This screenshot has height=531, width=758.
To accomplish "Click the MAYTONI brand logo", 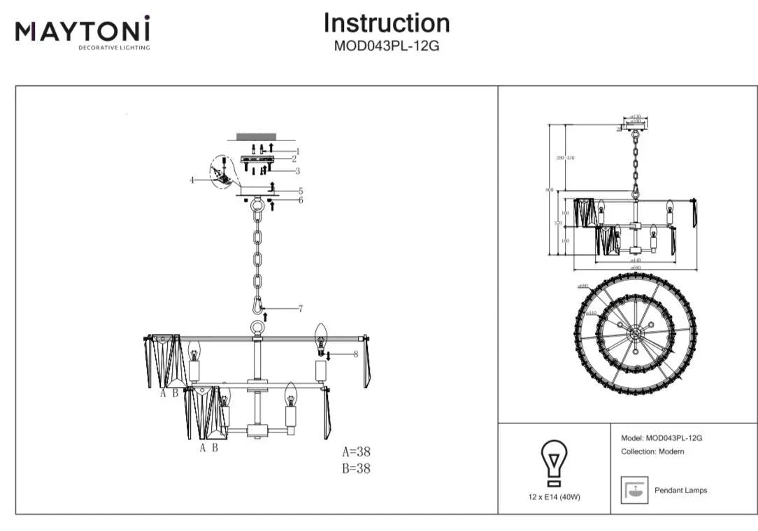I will click(83, 32).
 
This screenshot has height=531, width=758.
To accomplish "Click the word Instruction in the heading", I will click(386, 23).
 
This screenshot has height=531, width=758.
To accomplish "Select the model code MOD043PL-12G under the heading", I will click(386, 47).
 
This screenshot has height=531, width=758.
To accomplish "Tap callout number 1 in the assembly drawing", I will click(297, 151).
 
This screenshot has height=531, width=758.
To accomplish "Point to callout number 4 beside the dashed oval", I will click(192, 180).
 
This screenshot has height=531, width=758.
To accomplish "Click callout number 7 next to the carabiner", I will click(300, 308).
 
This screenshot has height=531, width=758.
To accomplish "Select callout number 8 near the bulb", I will click(355, 354).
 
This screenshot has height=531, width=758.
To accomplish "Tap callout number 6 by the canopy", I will click(300, 200).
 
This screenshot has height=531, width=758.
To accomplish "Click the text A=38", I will click(356, 451).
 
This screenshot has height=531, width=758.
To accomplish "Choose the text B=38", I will click(356, 469).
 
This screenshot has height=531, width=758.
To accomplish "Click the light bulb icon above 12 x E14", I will click(555, 463).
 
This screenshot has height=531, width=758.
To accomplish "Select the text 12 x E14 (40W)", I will click(555, 497).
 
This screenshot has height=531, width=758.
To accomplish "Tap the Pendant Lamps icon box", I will click(635, 490).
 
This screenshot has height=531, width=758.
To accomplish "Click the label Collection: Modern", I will click(652, 452).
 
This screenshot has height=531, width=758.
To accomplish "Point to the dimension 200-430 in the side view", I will click(565, 158).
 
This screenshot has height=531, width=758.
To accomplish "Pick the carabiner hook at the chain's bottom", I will click(258, 305).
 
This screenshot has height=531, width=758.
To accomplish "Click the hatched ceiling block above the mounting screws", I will click(257, 135).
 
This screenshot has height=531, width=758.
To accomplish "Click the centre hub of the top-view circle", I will click(635, 333).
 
